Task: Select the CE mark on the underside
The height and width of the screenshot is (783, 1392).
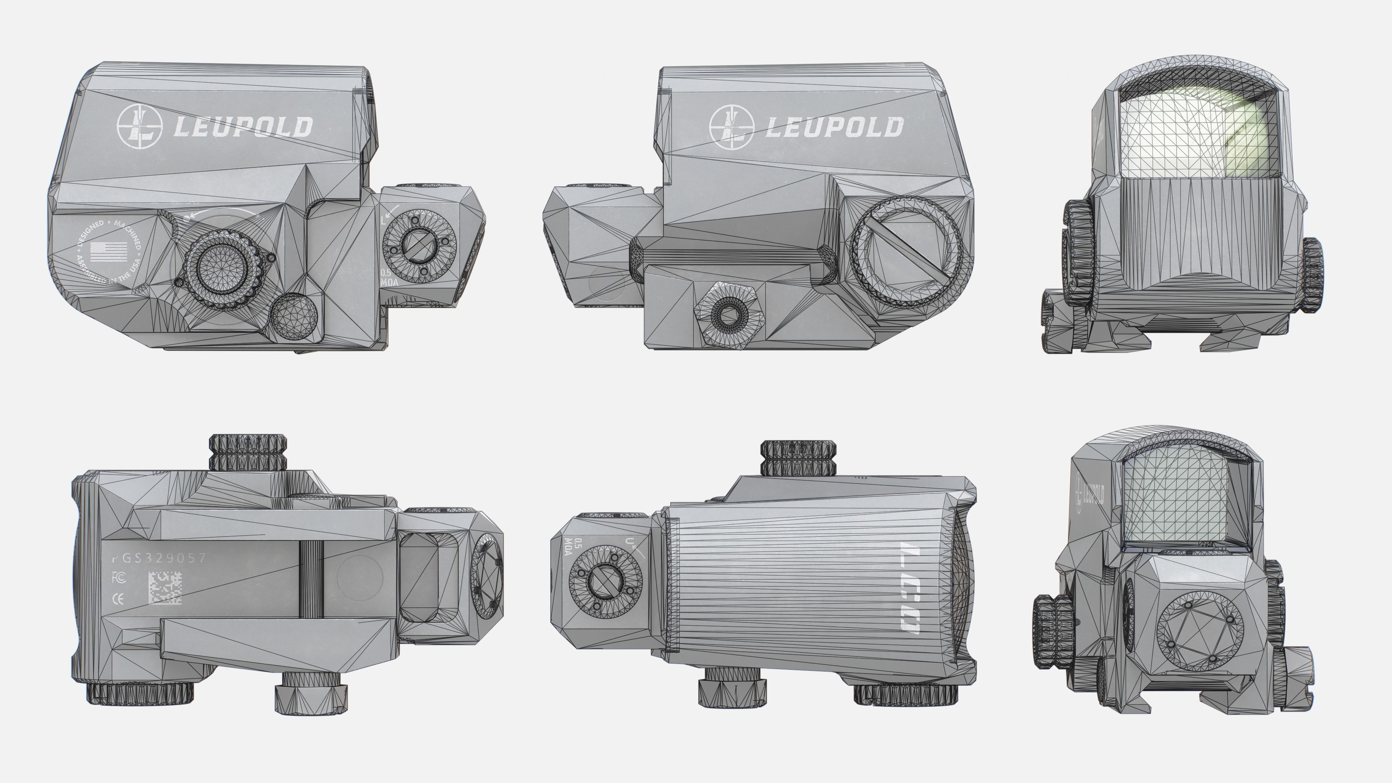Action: pyautogui.click(x=117, y=598)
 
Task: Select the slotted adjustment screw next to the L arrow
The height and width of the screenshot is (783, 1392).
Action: pyautogui.click(x=419, y=248)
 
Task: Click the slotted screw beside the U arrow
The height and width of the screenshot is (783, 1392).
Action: pyautogui.click(x=606, y=582)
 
